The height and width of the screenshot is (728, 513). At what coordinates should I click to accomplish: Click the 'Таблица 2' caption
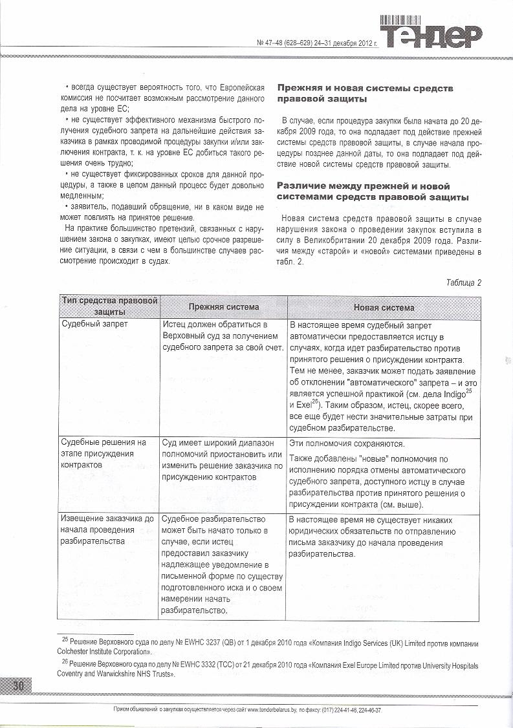point(463,283)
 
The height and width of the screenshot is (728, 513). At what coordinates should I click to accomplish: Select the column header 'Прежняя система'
point(223,307)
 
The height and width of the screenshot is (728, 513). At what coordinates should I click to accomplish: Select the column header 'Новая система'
point(384,308)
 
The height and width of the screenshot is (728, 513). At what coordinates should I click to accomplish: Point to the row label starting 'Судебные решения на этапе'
point(104,455)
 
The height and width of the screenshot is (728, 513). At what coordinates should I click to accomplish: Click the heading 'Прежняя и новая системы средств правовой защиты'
point(365,94)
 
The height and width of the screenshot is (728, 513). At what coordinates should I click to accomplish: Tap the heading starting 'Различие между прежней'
point(373,191)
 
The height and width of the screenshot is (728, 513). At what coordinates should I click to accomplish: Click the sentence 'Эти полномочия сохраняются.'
point(346,444)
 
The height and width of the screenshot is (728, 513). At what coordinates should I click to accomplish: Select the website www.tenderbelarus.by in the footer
point(276,710)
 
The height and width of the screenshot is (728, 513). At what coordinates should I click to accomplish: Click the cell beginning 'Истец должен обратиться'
point(220,336)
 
